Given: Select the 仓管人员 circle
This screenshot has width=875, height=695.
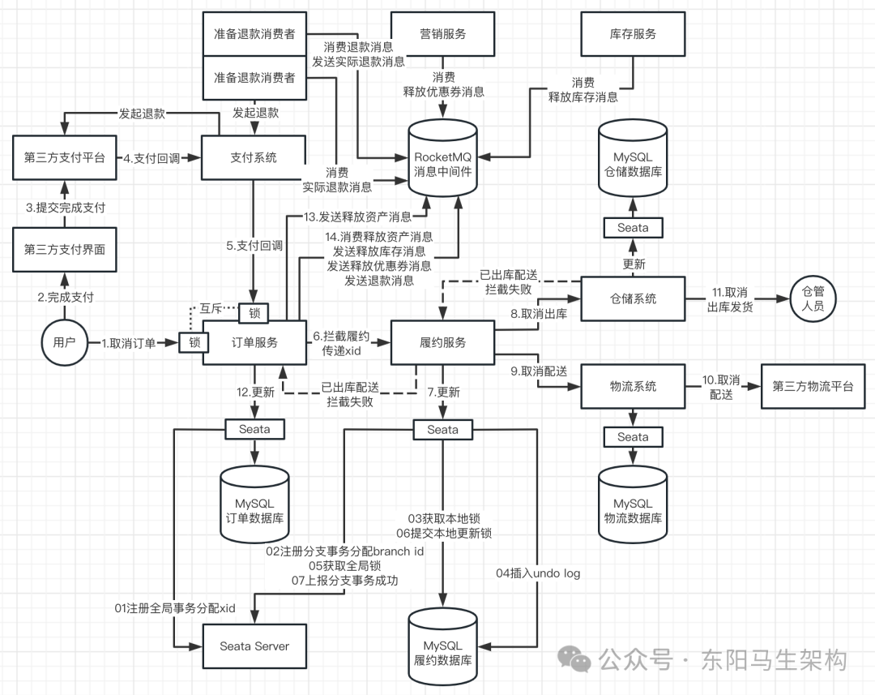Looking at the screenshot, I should pos(811,298).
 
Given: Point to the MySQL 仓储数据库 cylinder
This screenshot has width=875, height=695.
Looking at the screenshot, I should pos(633,161).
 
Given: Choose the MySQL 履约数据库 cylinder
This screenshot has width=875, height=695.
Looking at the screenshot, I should pos(442,645).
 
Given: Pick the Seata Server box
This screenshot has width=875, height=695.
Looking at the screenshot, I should pos(254,646).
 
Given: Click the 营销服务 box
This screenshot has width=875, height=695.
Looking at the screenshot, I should pos(442,34).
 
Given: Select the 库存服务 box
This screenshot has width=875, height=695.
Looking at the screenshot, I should pos(633,34).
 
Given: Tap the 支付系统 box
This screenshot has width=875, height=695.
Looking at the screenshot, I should pos(254,157).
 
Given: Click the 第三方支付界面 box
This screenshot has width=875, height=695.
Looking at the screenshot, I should pos(64,250).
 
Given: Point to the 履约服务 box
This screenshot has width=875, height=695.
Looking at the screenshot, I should pos(442,343).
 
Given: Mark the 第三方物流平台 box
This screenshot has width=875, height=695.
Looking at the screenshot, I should pos(811,386).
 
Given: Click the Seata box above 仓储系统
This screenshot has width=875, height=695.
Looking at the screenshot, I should pos(633,228).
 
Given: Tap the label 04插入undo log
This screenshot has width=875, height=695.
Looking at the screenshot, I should pos(538,573).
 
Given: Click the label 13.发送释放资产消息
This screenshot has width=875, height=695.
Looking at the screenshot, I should pos(357,217).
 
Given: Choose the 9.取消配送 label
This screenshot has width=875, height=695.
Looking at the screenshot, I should pos(538,371).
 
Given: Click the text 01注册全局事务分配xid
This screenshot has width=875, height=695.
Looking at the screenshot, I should pos(174,607).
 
